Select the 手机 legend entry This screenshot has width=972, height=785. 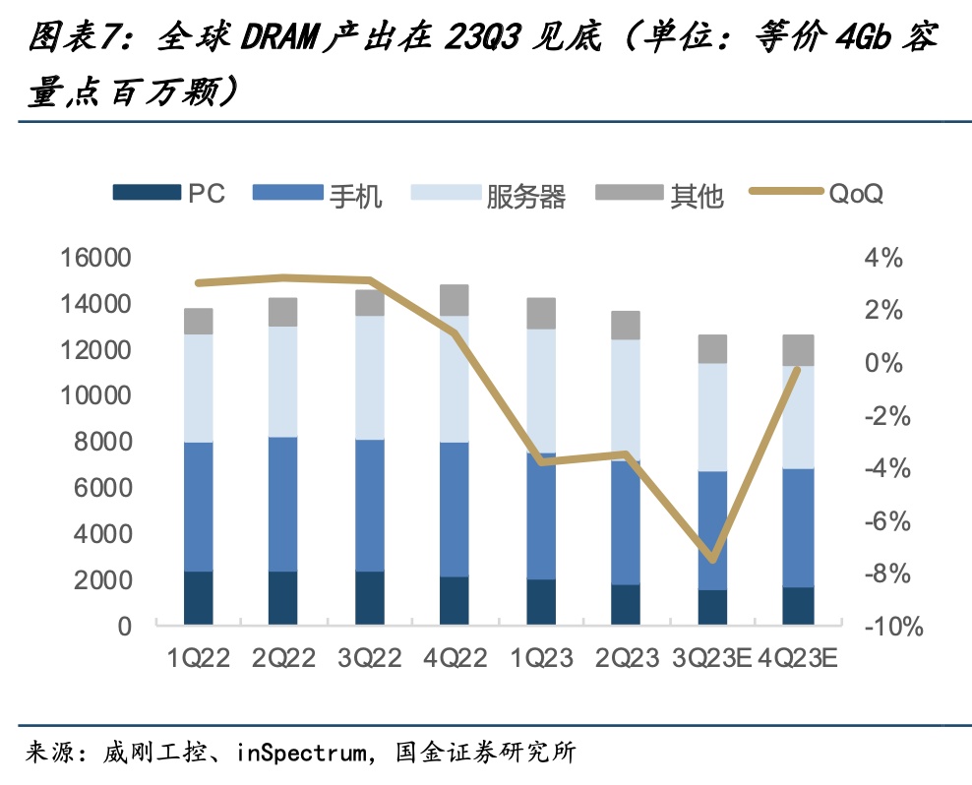(319, 194)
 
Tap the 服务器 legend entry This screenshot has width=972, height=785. (488, 194)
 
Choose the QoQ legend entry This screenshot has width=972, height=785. (816, 193)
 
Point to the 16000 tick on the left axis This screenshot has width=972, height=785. (97, 259)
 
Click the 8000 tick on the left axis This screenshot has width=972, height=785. (104, 443)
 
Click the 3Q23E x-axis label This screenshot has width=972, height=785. (712, 657)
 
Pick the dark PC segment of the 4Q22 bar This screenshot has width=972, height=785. (455, 600)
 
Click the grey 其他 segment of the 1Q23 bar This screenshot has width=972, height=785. (540, 313)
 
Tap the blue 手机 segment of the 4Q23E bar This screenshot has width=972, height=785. (798, 527)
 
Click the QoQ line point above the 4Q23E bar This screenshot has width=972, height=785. (798, 369)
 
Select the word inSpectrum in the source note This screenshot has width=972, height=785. (301, 755)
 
